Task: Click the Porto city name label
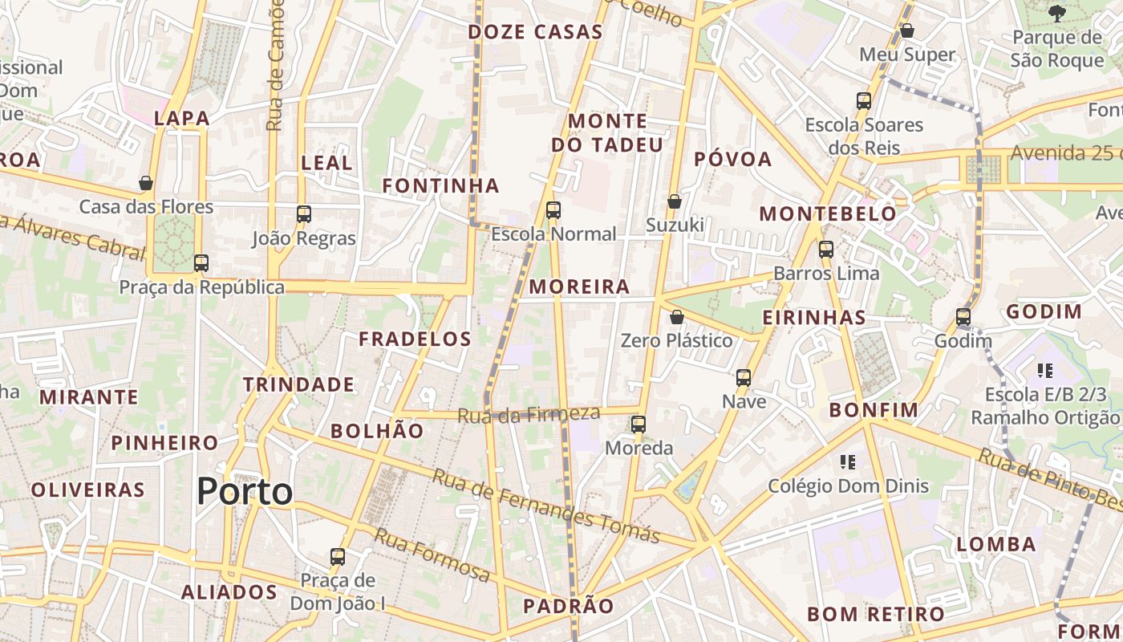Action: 245,491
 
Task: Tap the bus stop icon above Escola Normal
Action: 553,210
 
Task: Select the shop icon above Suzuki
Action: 675,201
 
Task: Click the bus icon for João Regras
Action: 303,214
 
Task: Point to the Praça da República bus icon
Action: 201,262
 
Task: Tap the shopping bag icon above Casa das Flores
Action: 146,183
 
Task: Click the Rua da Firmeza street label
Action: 529,414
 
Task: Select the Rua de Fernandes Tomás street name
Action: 546,506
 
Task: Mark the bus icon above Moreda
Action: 639,424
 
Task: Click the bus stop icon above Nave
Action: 744,377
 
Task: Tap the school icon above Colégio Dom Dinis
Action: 848,461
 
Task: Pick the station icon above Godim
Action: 963,317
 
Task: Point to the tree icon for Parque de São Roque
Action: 1057,12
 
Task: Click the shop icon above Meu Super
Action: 907,30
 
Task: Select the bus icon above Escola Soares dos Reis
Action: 864,101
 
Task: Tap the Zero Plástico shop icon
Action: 677,317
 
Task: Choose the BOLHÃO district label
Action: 377,431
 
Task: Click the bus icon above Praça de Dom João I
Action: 338,556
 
